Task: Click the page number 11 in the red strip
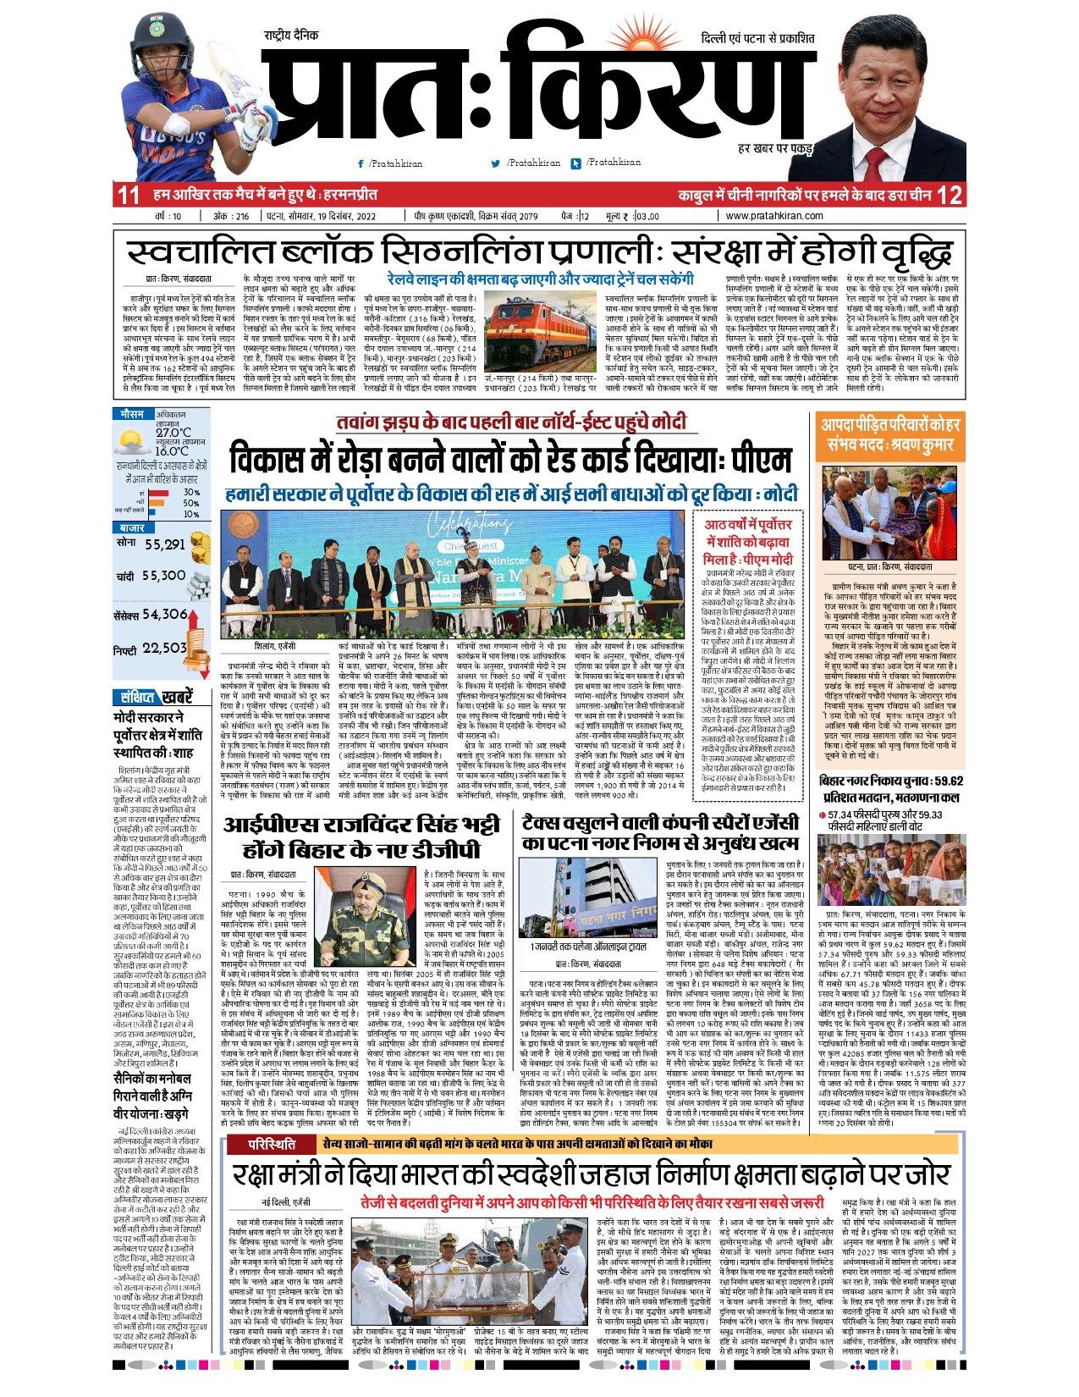129,195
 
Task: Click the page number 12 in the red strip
949,195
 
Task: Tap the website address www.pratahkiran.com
773,216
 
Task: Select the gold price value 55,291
164,544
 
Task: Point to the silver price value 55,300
164,576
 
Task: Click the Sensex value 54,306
164,615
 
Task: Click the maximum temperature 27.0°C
173,432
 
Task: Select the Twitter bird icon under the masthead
496,163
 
